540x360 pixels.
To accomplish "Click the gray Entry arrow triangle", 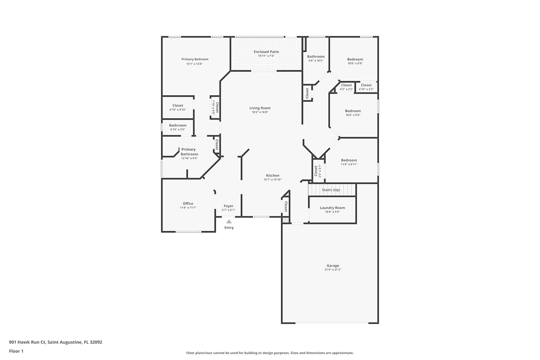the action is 229,221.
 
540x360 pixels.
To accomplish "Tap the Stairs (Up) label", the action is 331,190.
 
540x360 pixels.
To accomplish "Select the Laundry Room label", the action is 332,208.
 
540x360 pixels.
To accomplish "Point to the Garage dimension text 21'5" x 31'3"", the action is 333,270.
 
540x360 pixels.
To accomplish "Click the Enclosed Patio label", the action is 266,51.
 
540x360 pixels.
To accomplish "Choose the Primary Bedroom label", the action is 195,59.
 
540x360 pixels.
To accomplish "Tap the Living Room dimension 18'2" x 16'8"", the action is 260,112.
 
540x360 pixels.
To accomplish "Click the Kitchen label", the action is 273,176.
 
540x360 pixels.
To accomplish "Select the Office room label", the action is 188,203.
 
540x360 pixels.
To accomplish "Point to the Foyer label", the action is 228,206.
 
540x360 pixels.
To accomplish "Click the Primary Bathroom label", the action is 189,152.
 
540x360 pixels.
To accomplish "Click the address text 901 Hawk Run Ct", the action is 27,342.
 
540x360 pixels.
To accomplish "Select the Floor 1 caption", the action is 16,351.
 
